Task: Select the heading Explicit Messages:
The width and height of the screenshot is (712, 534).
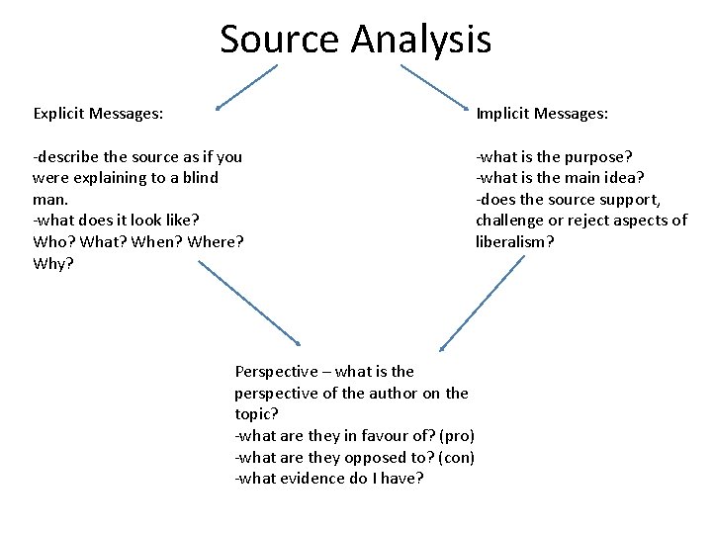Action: [x=98, y=114]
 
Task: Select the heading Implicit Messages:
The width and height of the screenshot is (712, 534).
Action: [x=542, y=114]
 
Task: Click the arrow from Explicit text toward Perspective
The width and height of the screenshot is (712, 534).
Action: [x=250, y=303]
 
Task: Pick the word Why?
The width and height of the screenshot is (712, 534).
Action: [x=52, y=263]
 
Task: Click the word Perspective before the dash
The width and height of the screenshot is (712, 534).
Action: [x=277, y=372]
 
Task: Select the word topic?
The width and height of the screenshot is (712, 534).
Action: [x=256, y=414]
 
